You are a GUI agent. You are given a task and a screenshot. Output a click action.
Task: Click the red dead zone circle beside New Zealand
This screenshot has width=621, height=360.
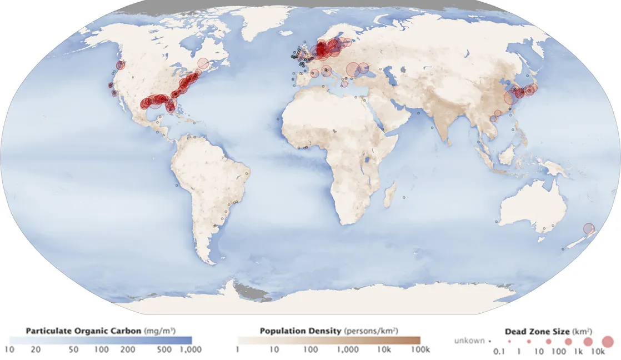point(589,228)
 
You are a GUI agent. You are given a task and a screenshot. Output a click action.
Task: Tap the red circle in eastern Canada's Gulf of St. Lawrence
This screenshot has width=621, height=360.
point(203,64)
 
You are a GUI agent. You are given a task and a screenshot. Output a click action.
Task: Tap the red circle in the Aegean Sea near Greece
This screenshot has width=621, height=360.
point(344,84)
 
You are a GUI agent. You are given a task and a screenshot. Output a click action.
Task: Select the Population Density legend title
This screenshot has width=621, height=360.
point(301,331)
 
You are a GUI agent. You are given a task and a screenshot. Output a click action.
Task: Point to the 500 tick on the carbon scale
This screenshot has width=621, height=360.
point(165,349)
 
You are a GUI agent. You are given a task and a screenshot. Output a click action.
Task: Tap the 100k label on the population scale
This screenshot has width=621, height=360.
point(420,349)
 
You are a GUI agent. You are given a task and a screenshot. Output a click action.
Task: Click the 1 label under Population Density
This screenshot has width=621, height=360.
point(238,349)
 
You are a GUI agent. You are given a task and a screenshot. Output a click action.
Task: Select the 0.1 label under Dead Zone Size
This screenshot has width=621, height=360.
point(499,352)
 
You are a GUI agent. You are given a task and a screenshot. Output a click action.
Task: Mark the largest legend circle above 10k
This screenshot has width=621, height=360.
point(607,341)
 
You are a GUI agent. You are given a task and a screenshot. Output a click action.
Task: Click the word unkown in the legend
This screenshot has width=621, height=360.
point(469,341)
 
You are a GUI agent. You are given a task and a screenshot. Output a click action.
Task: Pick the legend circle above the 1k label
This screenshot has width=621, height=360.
point(588,341)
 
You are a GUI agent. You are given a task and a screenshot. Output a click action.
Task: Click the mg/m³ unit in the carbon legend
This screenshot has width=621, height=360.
point(160,331)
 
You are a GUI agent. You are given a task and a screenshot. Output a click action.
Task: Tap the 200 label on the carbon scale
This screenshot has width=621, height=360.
point(128,349)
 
